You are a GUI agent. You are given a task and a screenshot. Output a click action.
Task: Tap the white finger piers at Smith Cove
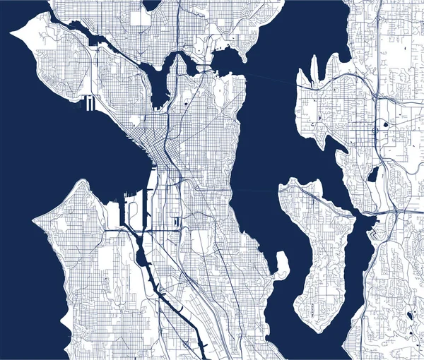click(x=89, y=103)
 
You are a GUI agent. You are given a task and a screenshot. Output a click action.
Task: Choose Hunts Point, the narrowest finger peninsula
click(x=314, y=71)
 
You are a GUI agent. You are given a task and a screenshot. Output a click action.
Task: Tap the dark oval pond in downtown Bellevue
click(x=385, y=125)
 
